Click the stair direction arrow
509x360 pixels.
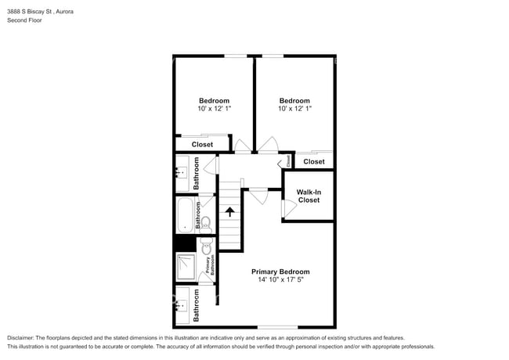(x=229, y=211)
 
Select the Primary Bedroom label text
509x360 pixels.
(x=280, y=272)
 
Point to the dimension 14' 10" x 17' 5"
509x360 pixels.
(x=280, y=280)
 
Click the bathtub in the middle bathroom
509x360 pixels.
(x=185, y=215)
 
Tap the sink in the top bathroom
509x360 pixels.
(x=182, y=170)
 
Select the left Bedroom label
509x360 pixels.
(x=214, y=100)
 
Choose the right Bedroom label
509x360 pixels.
(x=294, y=100)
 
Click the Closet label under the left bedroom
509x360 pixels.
(x=203, y=144)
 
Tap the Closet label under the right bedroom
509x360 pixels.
(x=314, y=161)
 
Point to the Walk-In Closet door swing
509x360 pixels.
(x=288, y=209)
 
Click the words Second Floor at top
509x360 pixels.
(x=25, y=20)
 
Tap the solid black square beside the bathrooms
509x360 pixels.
(x=185, y=243)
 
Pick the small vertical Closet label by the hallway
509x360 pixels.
(x=287, y=160)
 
